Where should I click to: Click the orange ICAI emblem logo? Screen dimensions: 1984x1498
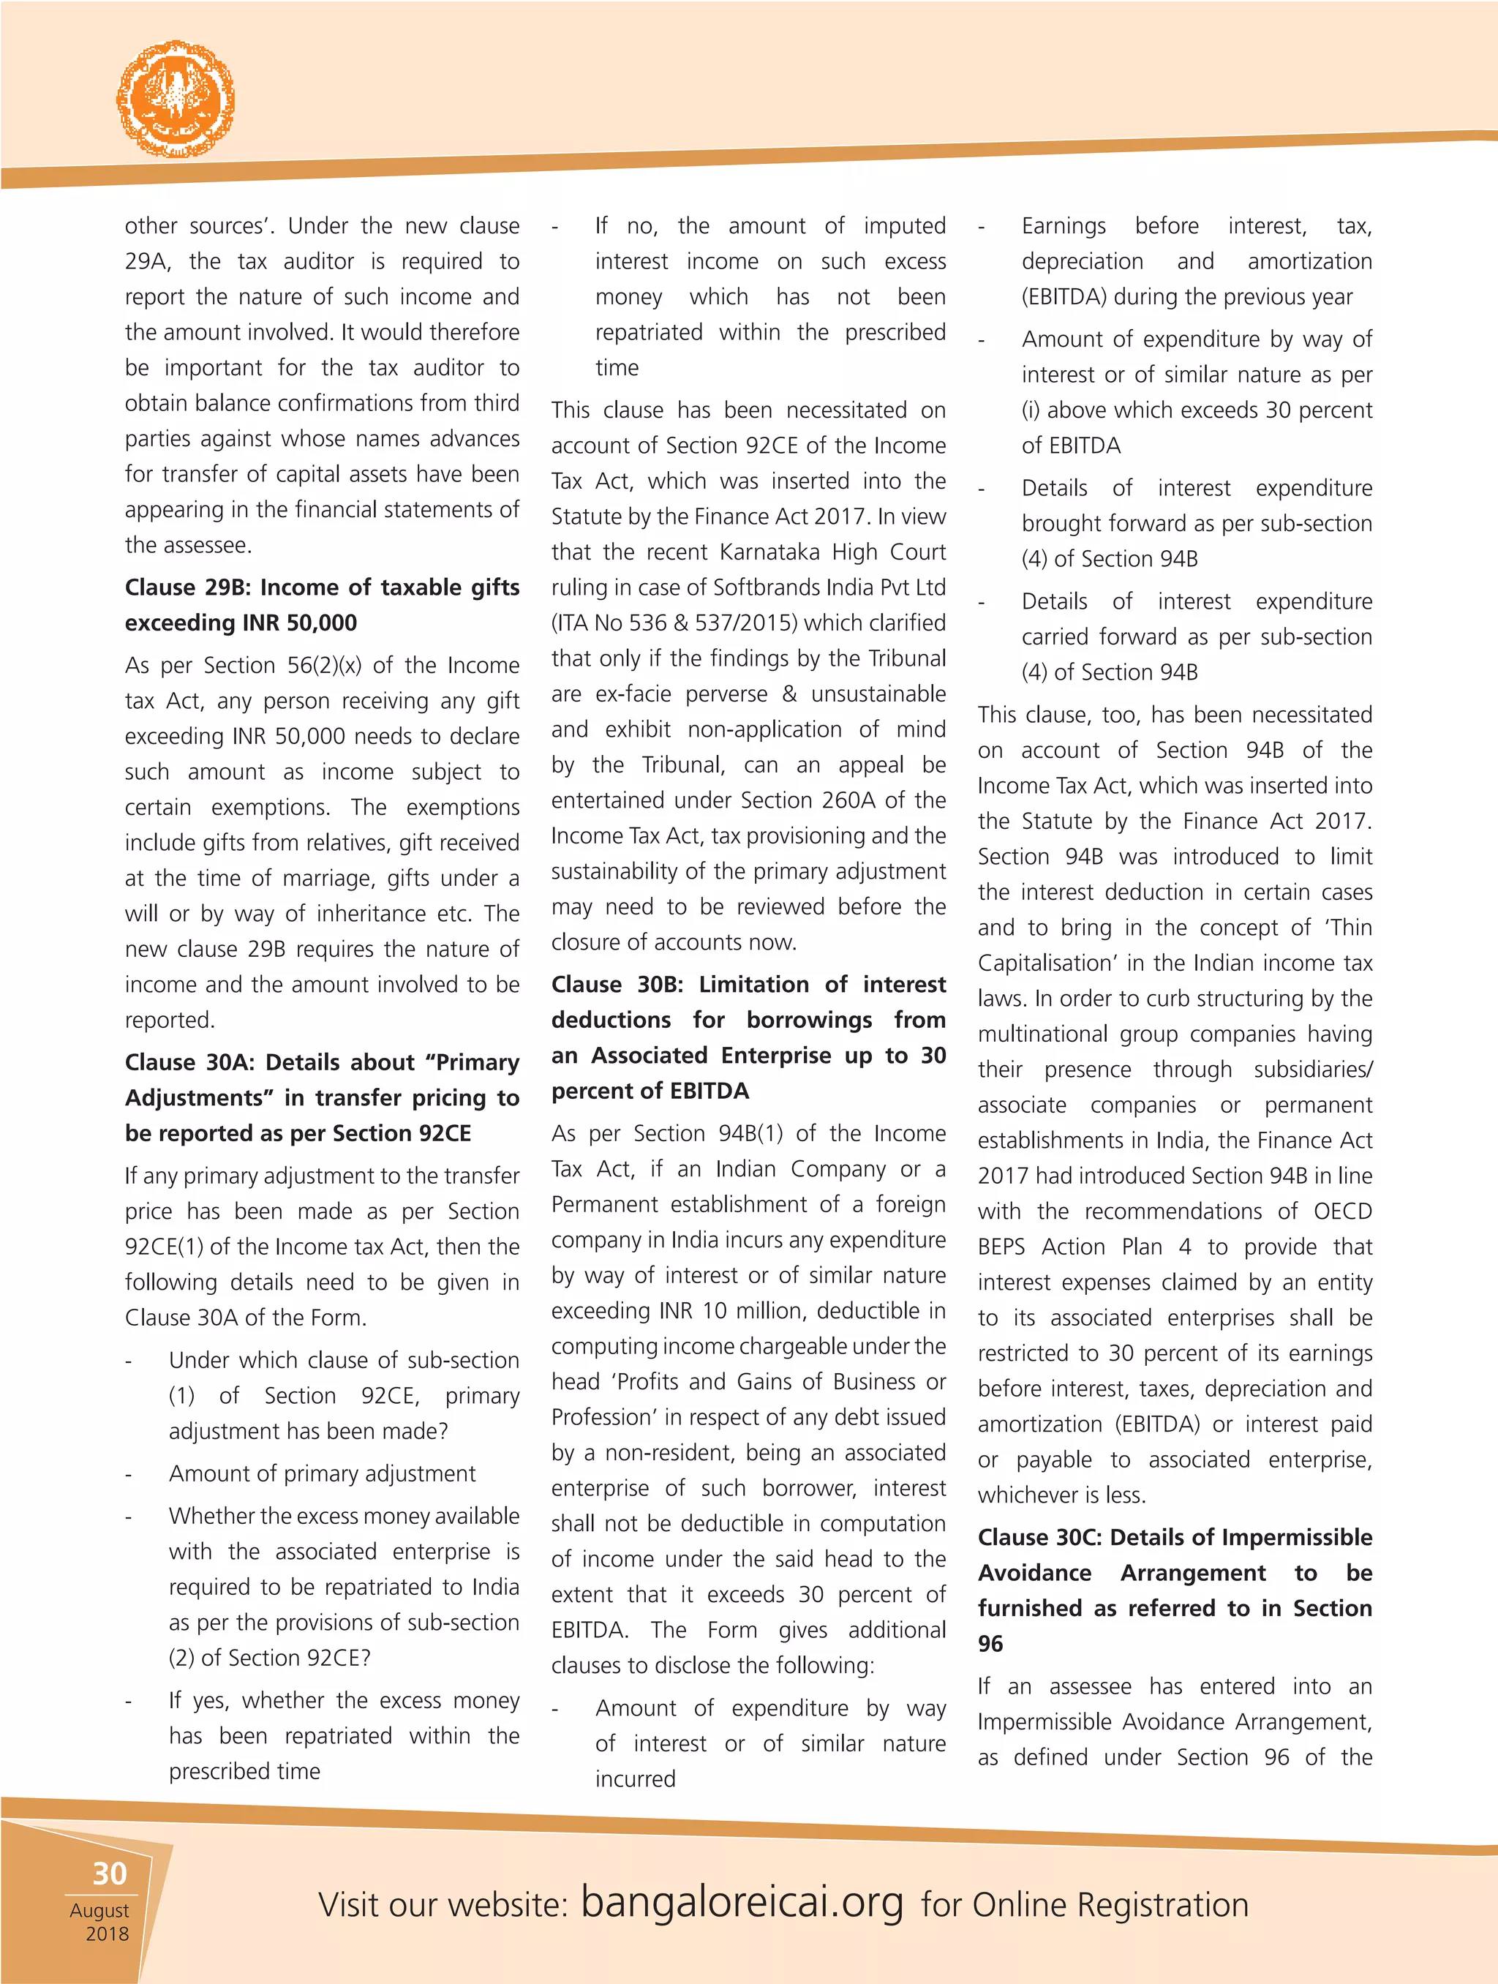pos(176,98)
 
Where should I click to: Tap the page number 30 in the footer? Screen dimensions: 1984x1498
pos(110,1873)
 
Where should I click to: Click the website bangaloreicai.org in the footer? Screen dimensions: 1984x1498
pos(742,1901)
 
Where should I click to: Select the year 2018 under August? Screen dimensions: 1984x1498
pos(107,1933)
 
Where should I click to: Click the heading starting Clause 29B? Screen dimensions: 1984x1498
pos(321,604)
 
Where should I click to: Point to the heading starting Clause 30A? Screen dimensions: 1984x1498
pos(321,1097)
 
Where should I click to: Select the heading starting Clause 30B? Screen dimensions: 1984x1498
pos(748,1037)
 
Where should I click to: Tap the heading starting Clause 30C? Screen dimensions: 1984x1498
pos(1174,1590)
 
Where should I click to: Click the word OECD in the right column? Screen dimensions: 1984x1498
pos(1342,1211)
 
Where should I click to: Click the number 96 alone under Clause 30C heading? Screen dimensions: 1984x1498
pos(990,1643)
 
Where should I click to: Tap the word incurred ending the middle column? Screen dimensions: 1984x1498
pos(635,1778)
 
